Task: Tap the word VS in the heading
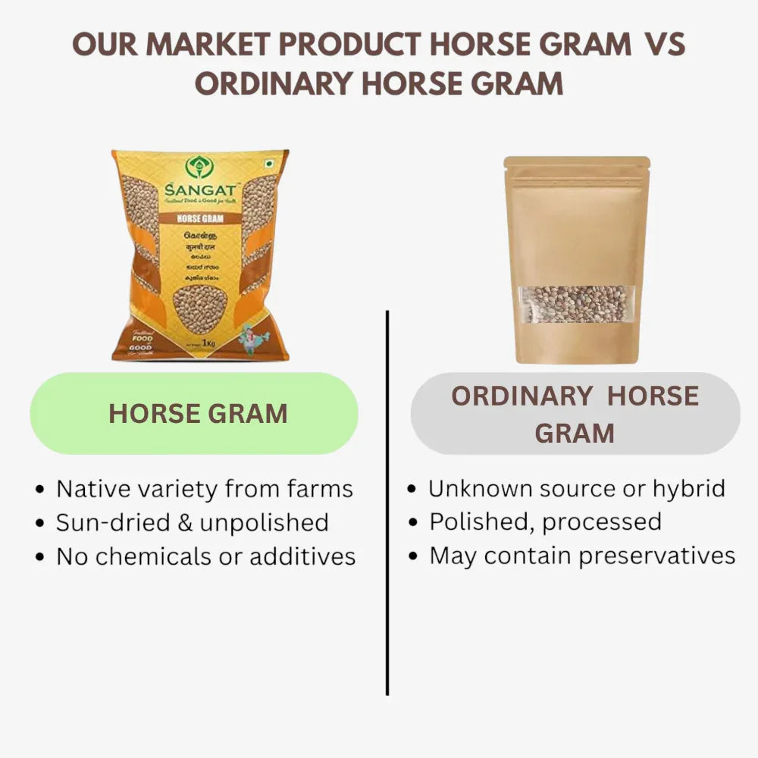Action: pyautogui.click(x=665, y=45)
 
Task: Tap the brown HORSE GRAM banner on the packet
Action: pyautogui.click(x=199, y=218)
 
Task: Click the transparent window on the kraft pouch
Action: pyautogui.click(x=577, y=304)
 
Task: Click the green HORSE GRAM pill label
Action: pyautogui.click(x=194, y=414)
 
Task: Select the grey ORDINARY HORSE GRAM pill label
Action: pyautogui.click(x=575, y=414)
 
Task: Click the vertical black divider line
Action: pyautogui.click(x=387, y=500)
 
